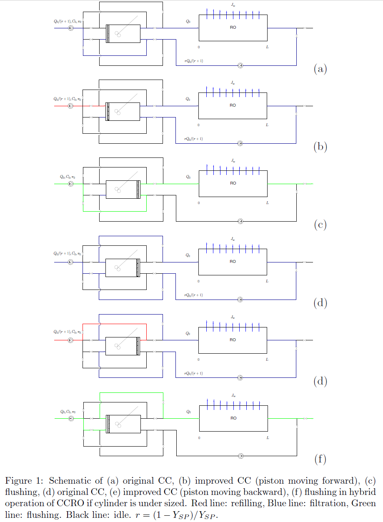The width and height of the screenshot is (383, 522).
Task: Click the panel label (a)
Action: click(x=320, y=69)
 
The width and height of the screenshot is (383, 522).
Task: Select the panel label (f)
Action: click(x=320, y=460)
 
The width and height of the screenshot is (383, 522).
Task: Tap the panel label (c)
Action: click(x=320, y=225)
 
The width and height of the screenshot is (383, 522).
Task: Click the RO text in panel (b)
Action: click(x=233, y=105)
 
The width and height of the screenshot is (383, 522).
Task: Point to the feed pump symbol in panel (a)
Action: click(x=70, y=28)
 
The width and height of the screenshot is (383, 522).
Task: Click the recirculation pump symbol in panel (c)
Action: click(x=240, y=221)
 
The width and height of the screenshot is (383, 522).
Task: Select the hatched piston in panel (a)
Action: click(x=108, y=33)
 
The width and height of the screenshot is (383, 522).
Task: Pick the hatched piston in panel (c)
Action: click(x=139, y=190)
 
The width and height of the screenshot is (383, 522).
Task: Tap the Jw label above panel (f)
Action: click(x=233, y=395)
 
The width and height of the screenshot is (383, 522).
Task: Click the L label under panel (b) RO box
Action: click(x=267, y=125)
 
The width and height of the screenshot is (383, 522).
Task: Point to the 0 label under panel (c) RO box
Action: click(x=199, y=203)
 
